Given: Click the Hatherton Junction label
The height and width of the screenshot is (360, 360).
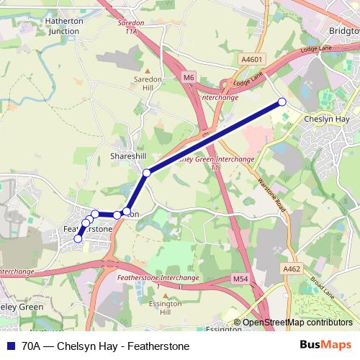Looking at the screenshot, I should pyautogui.click(x=64, y=26).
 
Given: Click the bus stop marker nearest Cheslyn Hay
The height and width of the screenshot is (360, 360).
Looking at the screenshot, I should pyautogui.click(x=282, y=103).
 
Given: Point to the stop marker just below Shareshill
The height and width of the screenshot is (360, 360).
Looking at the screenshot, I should pyautogui.click(x=147, y=173).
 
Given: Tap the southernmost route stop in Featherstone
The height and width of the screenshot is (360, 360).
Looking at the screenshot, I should pyautogui.click(x=78, y=238).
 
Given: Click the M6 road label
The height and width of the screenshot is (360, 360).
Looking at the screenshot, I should pyautogui.click(x=189, y=76).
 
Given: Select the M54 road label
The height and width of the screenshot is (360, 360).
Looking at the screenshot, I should pyautogui.click(x=240, y=279).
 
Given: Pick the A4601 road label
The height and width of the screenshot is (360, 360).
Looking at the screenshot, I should pyautogui.click(x=252, y=59).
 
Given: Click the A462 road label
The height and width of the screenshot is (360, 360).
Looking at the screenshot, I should pyautogui.click(x=291, y=269).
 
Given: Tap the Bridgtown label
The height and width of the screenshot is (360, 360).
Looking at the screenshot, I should pyautogui.click(x=343, y=32).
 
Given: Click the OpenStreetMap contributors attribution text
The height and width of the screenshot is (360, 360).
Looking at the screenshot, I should pyautogui.click(x=297, y=323).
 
